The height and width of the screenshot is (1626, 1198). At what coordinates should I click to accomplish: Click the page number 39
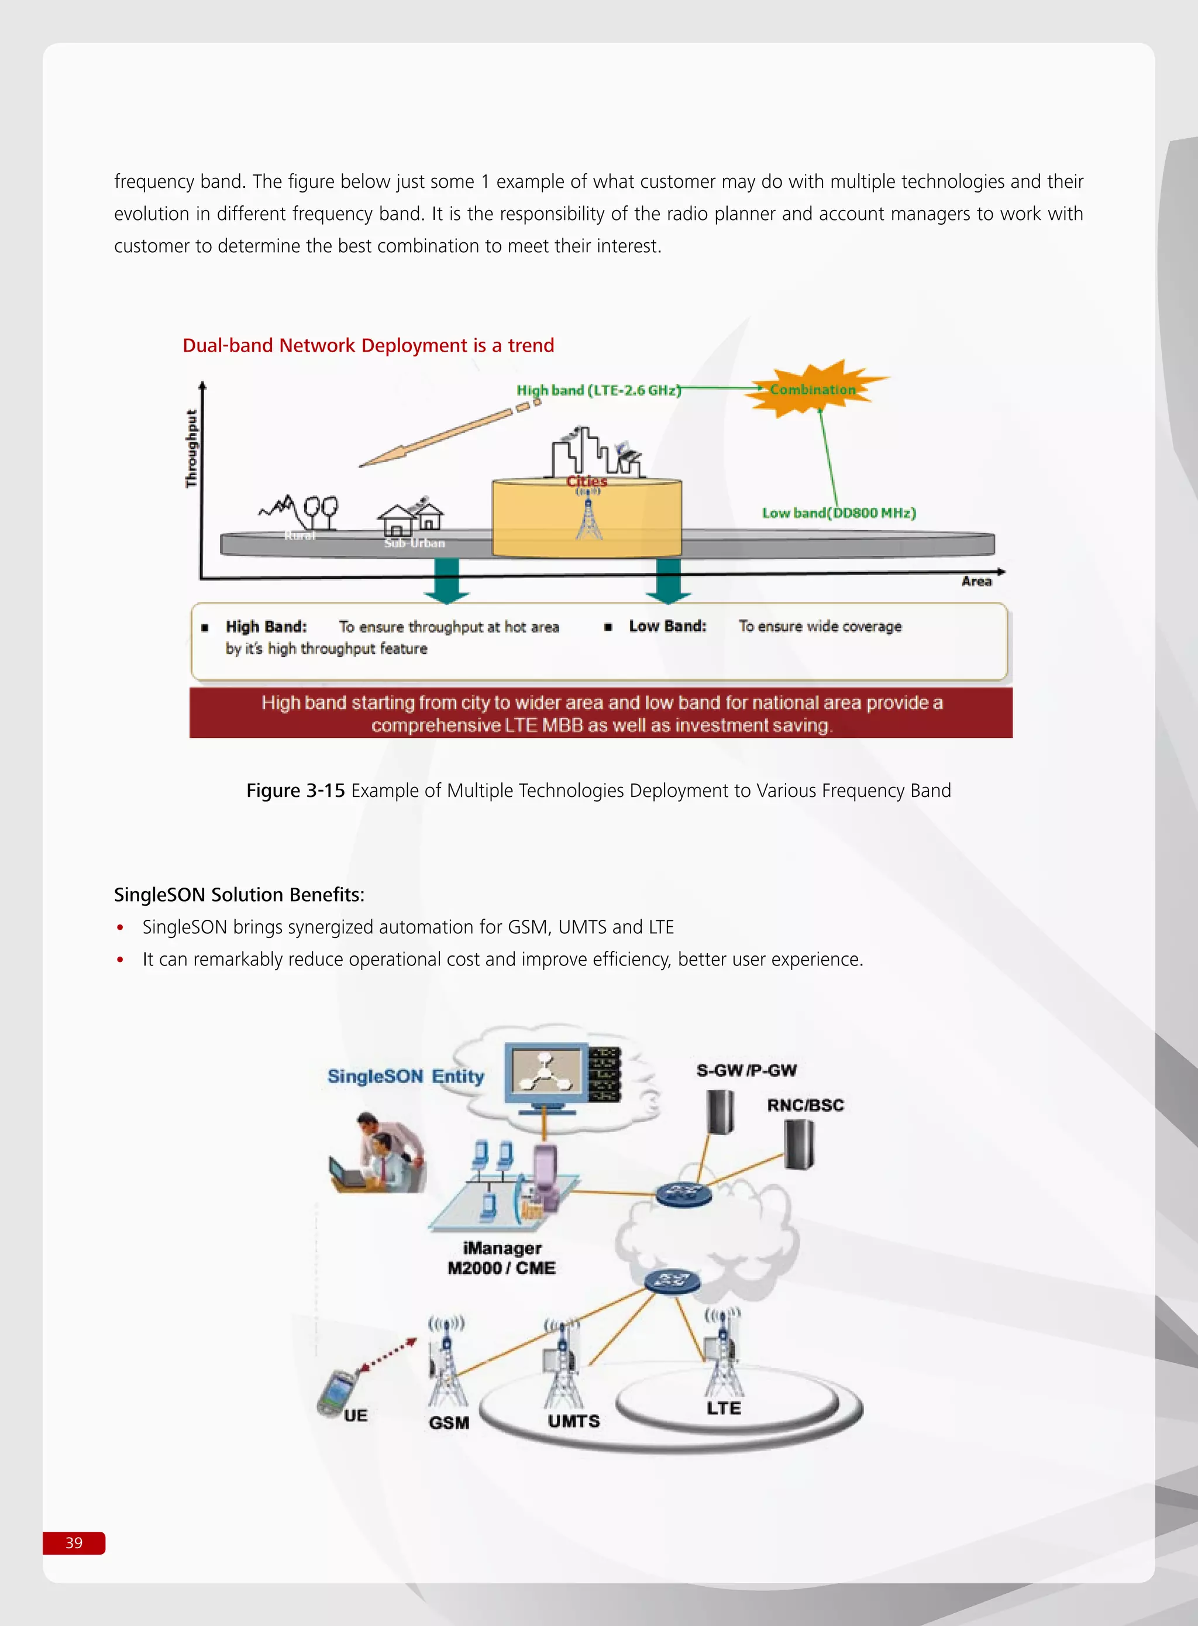click(74, 1542)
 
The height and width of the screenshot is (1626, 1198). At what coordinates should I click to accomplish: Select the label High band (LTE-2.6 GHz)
click(598, 390)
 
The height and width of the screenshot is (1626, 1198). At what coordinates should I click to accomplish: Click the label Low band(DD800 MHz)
click(838, 513)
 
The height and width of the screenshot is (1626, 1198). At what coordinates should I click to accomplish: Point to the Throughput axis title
click(191, 448)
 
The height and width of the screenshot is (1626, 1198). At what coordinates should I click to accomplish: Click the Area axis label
click(976, 582)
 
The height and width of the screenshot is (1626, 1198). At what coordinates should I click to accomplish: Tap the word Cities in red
click(587, 481)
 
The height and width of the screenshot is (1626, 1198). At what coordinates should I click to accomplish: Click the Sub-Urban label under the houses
click(414, 543)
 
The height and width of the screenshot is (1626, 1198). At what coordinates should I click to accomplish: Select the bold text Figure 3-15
click(295, 790)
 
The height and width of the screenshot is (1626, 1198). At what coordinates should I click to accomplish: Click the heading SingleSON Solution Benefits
click(239, 894)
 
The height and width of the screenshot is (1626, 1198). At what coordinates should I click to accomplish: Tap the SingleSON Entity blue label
click(405, 1076)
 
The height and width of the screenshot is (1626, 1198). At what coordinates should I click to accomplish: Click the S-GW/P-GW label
click(746, 1071)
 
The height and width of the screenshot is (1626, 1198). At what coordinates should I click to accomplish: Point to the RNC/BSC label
click(805, 1105)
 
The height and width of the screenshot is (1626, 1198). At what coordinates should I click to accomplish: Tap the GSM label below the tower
click(449, 1422)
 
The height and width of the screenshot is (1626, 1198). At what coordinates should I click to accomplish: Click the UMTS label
click(574, 1421)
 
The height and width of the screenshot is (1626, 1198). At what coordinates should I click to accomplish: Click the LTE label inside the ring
click(724, 1408)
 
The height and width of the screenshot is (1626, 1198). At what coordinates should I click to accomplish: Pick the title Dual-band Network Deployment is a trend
click(368, 345)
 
